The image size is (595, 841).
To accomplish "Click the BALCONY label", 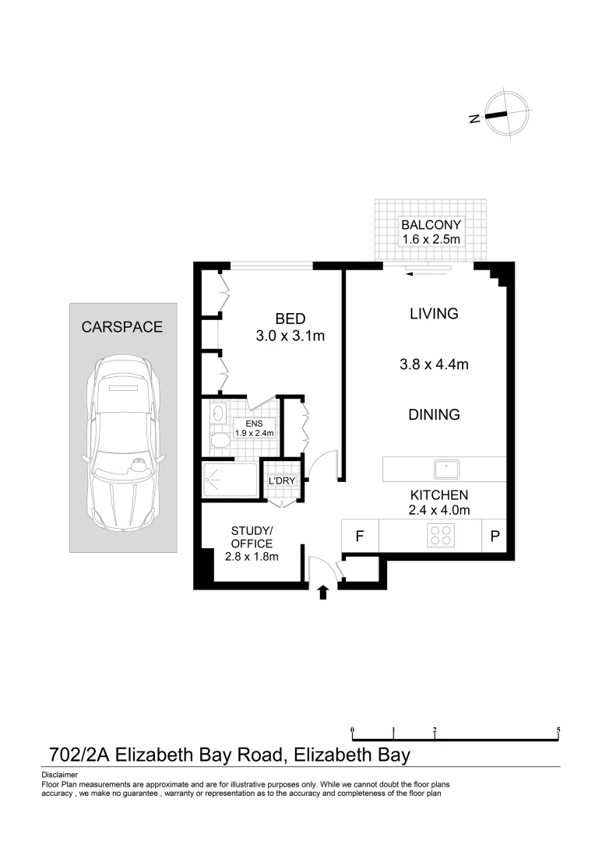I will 431,223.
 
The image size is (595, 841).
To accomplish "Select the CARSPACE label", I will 122,327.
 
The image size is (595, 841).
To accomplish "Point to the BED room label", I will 290,318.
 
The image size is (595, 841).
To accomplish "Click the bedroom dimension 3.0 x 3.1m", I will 290,336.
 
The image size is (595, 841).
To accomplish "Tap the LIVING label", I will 434,314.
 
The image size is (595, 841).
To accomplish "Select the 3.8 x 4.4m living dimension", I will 433,364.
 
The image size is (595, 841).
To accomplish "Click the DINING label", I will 434,415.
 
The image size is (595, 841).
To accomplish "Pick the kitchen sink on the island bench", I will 446,469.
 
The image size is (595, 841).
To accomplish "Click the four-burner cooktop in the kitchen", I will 442,536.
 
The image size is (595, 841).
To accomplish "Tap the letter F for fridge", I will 360,536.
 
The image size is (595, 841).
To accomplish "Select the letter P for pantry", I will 495,536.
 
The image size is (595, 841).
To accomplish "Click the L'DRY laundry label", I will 282,480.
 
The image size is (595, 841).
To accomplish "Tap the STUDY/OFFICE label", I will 252,537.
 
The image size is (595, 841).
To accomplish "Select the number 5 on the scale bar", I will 558,730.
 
